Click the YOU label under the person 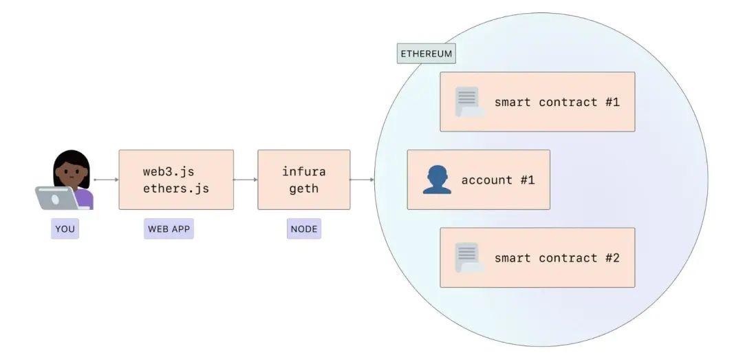[65, 229]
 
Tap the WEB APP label [169, 229]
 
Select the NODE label [304, 229]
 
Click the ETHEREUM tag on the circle [427, 53]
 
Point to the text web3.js [173, 171]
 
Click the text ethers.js [176, 188]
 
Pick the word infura [304, 171]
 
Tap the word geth [304, 188]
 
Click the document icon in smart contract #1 [468, 102]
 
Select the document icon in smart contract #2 [468, 257]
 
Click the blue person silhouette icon [437, 180]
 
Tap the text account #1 [497, 180]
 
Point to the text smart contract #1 [557, 102]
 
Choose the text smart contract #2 [557, 257]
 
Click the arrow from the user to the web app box [106, 180]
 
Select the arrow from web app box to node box [246, 180]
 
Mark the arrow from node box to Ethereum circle [362, 180]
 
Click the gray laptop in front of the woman [56, 198]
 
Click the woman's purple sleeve [85, 198]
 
